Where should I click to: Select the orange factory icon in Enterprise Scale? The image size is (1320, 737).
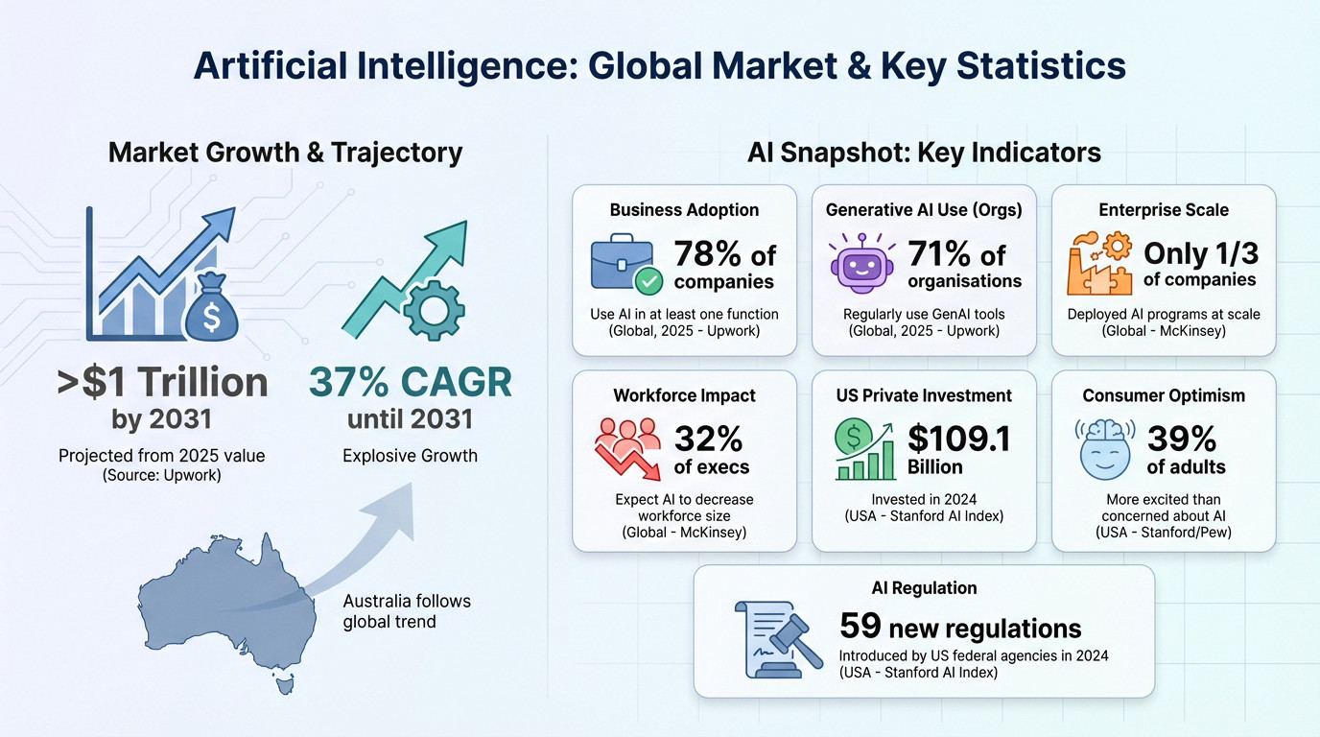coord(1099,263)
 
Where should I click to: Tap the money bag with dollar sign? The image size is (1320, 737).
coord(212,310)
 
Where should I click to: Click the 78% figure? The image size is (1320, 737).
coord(708,254)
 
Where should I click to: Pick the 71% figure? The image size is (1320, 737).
coord(940,254)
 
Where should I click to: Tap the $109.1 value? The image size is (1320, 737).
coord(958,439)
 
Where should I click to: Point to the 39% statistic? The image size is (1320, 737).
coord(1182,439)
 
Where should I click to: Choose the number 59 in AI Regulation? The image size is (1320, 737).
coord(860,626)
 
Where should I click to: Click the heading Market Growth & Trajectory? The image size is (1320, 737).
coord(285,152)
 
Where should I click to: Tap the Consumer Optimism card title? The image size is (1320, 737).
coord(1163,395)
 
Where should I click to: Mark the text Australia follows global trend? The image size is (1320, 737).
coord(407,611)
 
